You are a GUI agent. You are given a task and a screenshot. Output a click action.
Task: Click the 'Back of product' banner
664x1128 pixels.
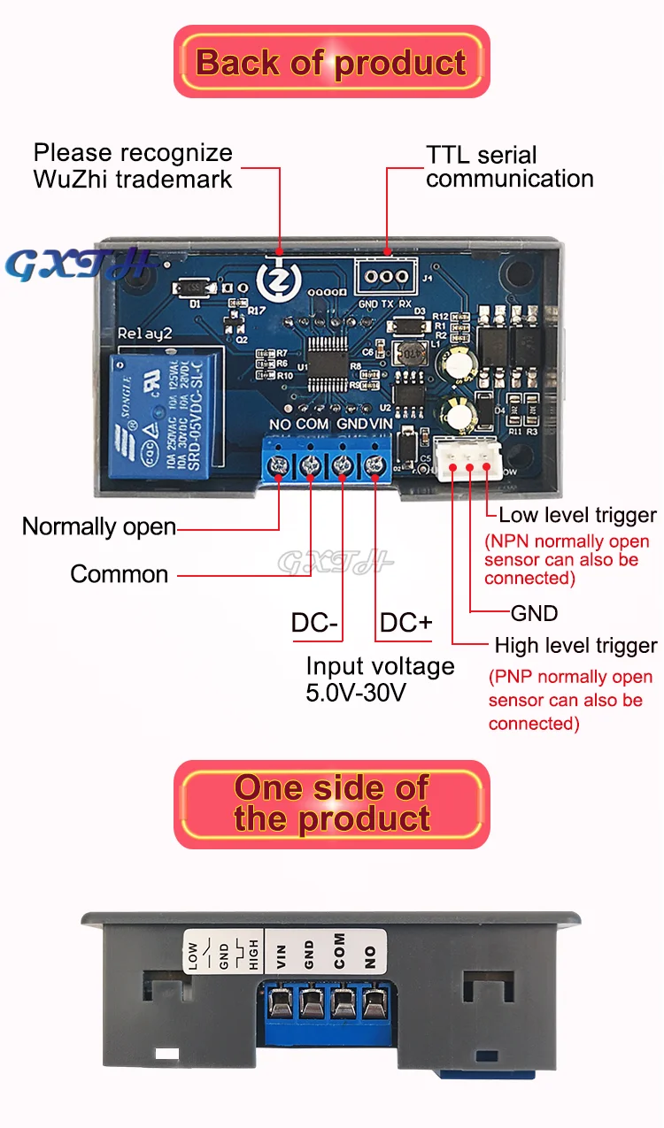click(331, 63)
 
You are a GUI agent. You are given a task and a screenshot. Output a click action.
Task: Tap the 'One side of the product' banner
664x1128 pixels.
click(331, 803)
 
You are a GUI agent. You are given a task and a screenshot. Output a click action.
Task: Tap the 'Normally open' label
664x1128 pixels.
click(99, 527)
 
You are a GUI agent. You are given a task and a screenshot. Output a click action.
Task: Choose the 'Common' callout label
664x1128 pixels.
click(120, 574)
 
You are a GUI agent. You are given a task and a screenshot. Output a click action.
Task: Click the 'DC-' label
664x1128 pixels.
click(315, 623)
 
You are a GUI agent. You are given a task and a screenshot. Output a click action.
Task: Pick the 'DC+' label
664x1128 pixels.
click(405, 623)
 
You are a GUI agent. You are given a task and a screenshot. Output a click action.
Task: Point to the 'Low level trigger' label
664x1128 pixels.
click(577, 515)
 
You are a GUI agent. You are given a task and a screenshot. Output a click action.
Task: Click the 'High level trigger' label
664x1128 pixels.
click(575, 646)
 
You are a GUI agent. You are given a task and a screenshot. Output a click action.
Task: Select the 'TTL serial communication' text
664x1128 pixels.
click(509, 166)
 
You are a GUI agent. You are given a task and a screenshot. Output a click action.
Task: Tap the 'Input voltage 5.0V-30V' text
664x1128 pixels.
click(380, 679)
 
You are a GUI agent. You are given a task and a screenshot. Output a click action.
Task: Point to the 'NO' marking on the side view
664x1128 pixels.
click(370, 956)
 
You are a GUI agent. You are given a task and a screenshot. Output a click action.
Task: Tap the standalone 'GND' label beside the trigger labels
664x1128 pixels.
click(535, 613)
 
